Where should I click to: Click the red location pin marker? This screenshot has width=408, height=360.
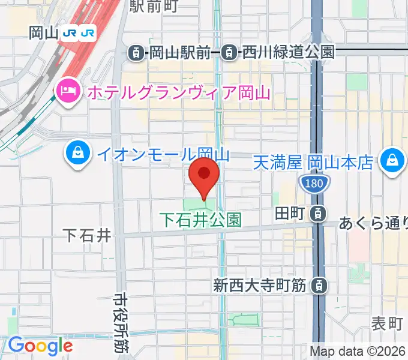pos(203,175)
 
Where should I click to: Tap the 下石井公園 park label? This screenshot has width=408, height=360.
pos(200,220)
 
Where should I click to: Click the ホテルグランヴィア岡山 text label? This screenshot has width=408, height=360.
pos(179,93)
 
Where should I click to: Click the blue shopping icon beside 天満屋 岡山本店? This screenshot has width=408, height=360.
pos(391,162)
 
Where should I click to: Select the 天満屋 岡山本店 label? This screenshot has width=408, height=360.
pos(313,162)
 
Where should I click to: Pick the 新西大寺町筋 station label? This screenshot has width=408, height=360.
pos(260,286)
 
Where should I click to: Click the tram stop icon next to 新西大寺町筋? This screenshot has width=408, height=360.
pos(319,286)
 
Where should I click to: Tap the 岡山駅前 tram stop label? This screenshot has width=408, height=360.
pos(178,53)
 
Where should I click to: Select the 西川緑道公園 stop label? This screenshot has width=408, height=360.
pos(287,53)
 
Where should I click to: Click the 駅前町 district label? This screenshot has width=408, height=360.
pos(154,6)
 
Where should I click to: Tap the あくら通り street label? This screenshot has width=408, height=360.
pos(373,224)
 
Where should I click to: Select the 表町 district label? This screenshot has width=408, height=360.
pos(387,324)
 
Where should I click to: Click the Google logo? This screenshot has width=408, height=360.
pos(40,346)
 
